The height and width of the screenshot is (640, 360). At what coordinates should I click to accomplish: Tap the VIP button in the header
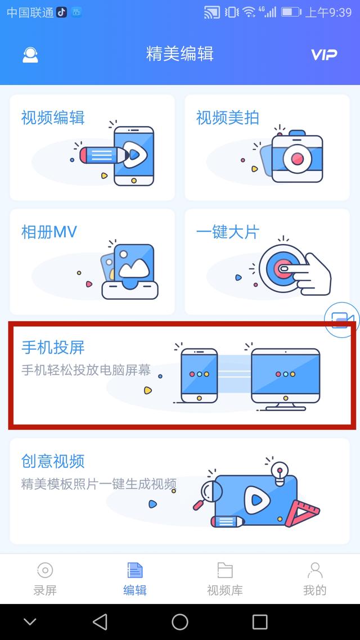pos(324,55)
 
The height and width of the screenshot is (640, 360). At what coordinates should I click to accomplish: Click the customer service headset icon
pos(30,55)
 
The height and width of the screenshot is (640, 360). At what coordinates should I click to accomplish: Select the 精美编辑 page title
pos(179,54)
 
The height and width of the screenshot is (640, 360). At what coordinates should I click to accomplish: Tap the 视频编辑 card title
pos(53,118)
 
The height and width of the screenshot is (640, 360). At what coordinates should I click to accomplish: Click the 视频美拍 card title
pos(228,118)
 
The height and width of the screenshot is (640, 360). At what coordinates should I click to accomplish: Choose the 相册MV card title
pos(49,232)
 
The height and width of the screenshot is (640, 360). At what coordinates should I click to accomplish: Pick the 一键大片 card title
pos(228,232)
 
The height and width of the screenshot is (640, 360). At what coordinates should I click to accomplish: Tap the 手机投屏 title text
pos(53,348)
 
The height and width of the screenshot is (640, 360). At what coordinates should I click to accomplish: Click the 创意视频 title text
pos(53,461)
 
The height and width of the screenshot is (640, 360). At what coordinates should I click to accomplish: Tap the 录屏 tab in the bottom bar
pos(45,579)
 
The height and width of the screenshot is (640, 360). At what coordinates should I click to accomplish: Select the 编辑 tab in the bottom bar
pos(135,579)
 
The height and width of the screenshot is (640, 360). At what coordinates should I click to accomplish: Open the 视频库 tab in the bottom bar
pos(225,579)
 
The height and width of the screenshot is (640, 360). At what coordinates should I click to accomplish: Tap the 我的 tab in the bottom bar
pos(314,579)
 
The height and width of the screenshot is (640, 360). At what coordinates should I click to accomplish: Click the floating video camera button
pos(342,320)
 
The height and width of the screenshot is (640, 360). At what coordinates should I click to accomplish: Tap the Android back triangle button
pos(100,621)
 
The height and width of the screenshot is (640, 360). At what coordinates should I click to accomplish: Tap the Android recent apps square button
pos(260,621)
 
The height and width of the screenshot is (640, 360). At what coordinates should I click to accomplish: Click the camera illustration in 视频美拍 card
pos(297,156)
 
